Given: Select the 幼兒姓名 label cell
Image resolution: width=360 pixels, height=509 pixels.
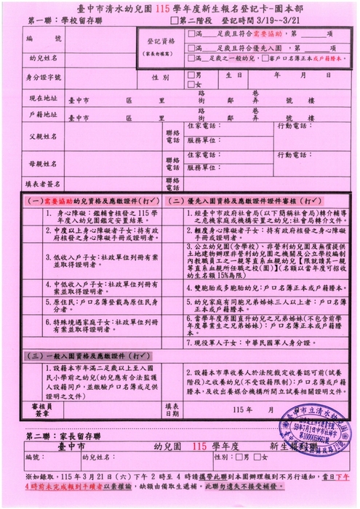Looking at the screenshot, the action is click(x=41, y=56).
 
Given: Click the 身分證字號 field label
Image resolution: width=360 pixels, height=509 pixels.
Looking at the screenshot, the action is click(x=41, y=76).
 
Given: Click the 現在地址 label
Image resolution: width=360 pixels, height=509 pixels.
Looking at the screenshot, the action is click(x=41, y=97).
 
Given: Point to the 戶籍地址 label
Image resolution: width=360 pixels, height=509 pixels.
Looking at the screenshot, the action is click(x=41, y=115).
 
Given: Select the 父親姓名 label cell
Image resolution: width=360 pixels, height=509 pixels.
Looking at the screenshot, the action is click(x=41, y=136).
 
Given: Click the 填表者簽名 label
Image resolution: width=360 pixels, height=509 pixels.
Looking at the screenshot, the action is click(x=41, y=184).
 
